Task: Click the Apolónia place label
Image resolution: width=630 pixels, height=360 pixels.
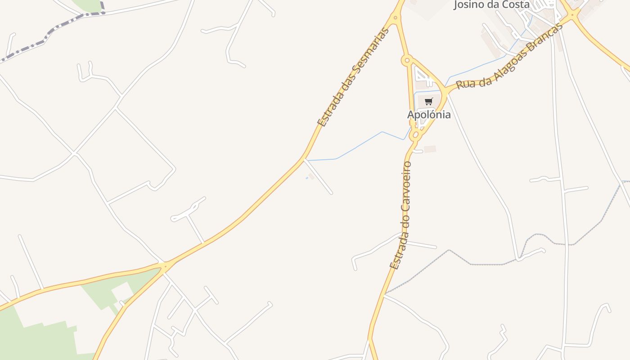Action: [429, 115]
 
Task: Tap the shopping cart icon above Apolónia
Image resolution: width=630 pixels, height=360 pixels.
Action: [428, 101]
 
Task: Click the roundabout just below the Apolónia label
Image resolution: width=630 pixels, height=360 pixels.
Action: [415, 135]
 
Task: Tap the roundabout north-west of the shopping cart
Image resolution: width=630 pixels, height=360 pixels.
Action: [407, 59]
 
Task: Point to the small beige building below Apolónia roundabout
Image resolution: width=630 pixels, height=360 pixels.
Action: [430, 149]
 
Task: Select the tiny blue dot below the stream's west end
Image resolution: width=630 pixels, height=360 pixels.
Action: [307, 178]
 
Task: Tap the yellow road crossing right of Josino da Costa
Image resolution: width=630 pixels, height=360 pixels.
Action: [573, 14]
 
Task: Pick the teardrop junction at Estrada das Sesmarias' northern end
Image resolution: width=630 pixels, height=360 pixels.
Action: [395, 18]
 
